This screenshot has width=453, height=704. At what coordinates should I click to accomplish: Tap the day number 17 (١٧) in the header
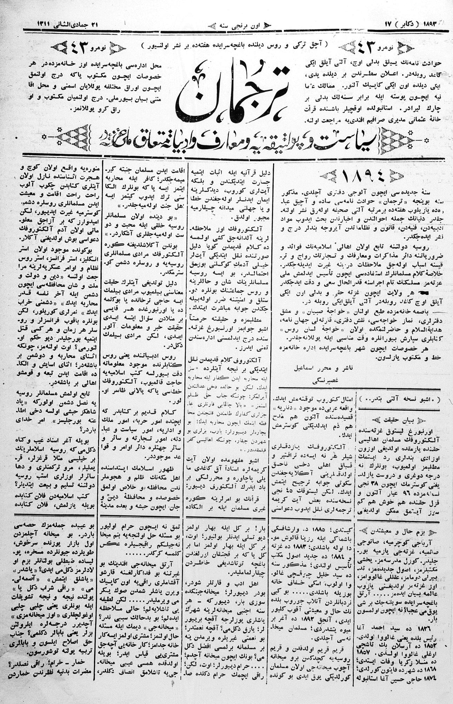(x=388, y=25)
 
